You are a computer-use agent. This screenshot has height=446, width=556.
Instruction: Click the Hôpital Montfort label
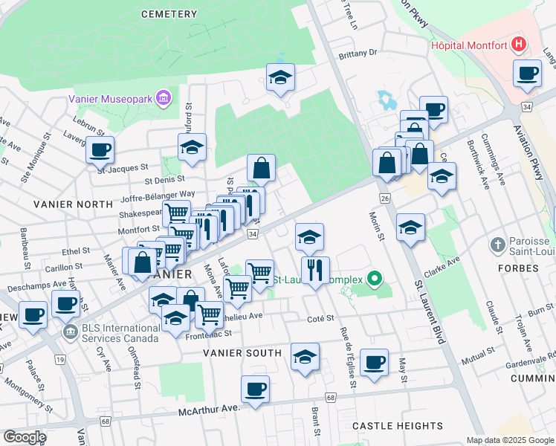pyautogui.click(x=469, y=45)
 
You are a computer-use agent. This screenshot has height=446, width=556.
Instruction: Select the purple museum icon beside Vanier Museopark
pyautogui.click(x=164, y=97)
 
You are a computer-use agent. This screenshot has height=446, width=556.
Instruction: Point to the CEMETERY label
pyautogui.click(x=172, y=14)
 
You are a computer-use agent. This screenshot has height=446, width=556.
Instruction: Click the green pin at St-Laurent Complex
pyautogui.click(x=375, y=280)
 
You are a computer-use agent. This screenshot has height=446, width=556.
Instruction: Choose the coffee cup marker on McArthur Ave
pyautogui.click(x=255, y=389)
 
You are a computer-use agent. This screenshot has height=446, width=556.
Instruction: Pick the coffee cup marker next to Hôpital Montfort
pyautogui.click(x=528, y=73)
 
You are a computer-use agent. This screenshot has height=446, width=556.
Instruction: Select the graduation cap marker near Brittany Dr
pyautogui.click(x=280, y=77)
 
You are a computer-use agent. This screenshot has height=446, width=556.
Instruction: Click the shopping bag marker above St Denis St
pyautogui.click(x=262, y=168)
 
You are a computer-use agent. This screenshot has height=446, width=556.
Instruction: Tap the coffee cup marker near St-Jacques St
pyautogui.click(x=100, y=149)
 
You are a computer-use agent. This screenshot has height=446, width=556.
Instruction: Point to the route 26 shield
pyautogui.click(x=384, y=198)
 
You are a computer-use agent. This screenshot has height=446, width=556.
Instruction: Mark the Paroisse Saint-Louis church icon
pyautogui.click(x=499, y=244)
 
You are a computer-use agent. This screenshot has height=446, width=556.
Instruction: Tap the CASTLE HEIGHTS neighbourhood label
pyautogui.click(x=398, y=426)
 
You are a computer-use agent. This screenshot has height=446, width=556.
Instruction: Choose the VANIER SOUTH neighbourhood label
pyautogui.click(x=242, y=353)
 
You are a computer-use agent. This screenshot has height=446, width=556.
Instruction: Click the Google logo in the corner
pyautogui.click(x=25, y=437)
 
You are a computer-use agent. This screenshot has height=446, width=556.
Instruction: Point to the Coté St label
pyautogui.click(x=320, y=318)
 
